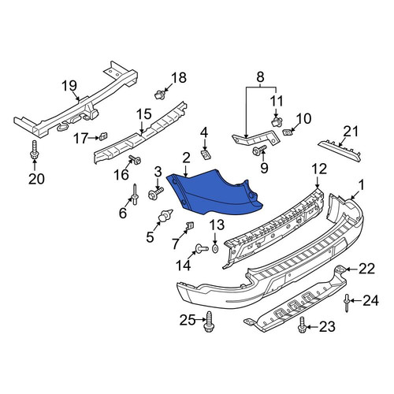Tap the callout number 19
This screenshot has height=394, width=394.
pyautogui.click(x=69, y=86)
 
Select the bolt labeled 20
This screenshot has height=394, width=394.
pyautogui.click(x=35, y=150)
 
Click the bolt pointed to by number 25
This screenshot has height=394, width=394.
pyautogui.click(x=209, y=322)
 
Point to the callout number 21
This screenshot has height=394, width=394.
pyautogui.click(x=350, y=132)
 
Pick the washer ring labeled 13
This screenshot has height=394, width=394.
pyautogui.click(x=215, y=248)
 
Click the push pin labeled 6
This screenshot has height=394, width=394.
pyautogui.click(x=136, y=195)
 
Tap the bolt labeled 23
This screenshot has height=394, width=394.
pyautogui.click(x=303, y=325)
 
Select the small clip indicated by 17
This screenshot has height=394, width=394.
pyautogui.click(x=103, y=136)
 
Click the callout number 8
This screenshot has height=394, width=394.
pyautogui.click(x=260, y=77)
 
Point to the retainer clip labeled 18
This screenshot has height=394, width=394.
pyautogui.click(x=160, y=95)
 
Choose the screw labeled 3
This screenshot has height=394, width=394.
pyautogui.click(x=156, y=193)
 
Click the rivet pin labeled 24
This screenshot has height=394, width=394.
pyautogui.click(x=347, y=303)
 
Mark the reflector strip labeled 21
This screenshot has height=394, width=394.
pyautogui.click(x=340, y=152)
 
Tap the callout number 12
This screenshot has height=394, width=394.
pyautogui.click(x=319, y=169)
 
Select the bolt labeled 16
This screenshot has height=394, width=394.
pyautogui.click(x=135, y=159)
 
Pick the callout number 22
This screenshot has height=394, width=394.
pyautogui.click(x=366, y=269)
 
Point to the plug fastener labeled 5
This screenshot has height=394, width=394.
pyautogui.click(x=165, y=215)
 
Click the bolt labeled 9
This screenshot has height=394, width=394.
pyautogui.click(x=259, y=150)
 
